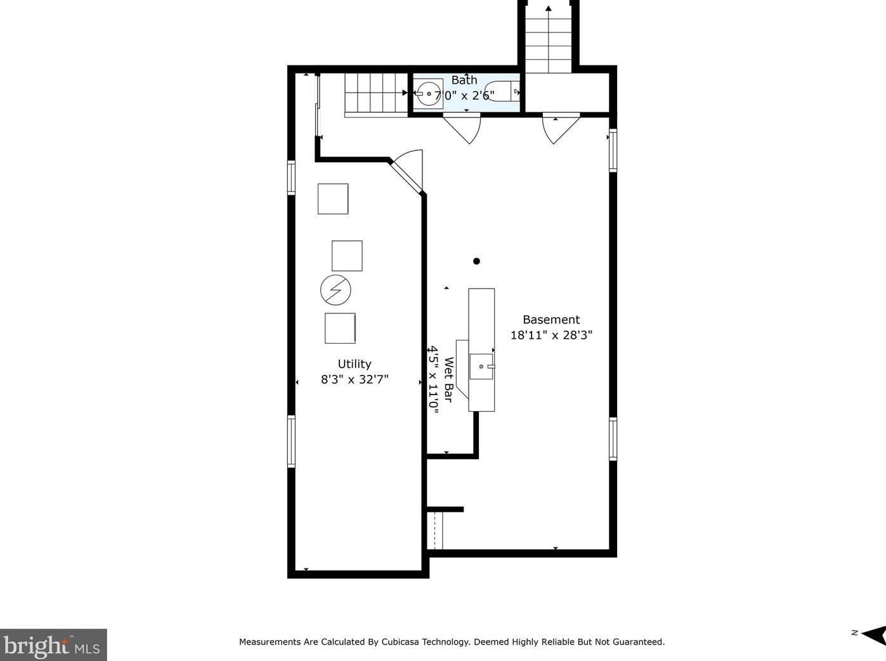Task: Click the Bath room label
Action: (x=464, y=80)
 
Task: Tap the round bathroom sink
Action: (x=429, y=94)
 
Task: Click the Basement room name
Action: (x=551, y=320)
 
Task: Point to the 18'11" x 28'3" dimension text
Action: (x=551, y=336)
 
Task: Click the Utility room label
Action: (x=355, y=364)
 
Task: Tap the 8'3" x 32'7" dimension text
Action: (x=355, y=379)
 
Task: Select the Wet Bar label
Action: (x=448, y=379)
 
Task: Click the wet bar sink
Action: (x=481, y=367)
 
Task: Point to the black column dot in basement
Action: (x=476, y=261)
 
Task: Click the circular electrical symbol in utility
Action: (x=336, y=290)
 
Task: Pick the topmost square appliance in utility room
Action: (x=333, y=199)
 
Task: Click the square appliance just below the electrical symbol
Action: (x=341, y=328)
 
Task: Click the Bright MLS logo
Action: (x=53, y=645)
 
